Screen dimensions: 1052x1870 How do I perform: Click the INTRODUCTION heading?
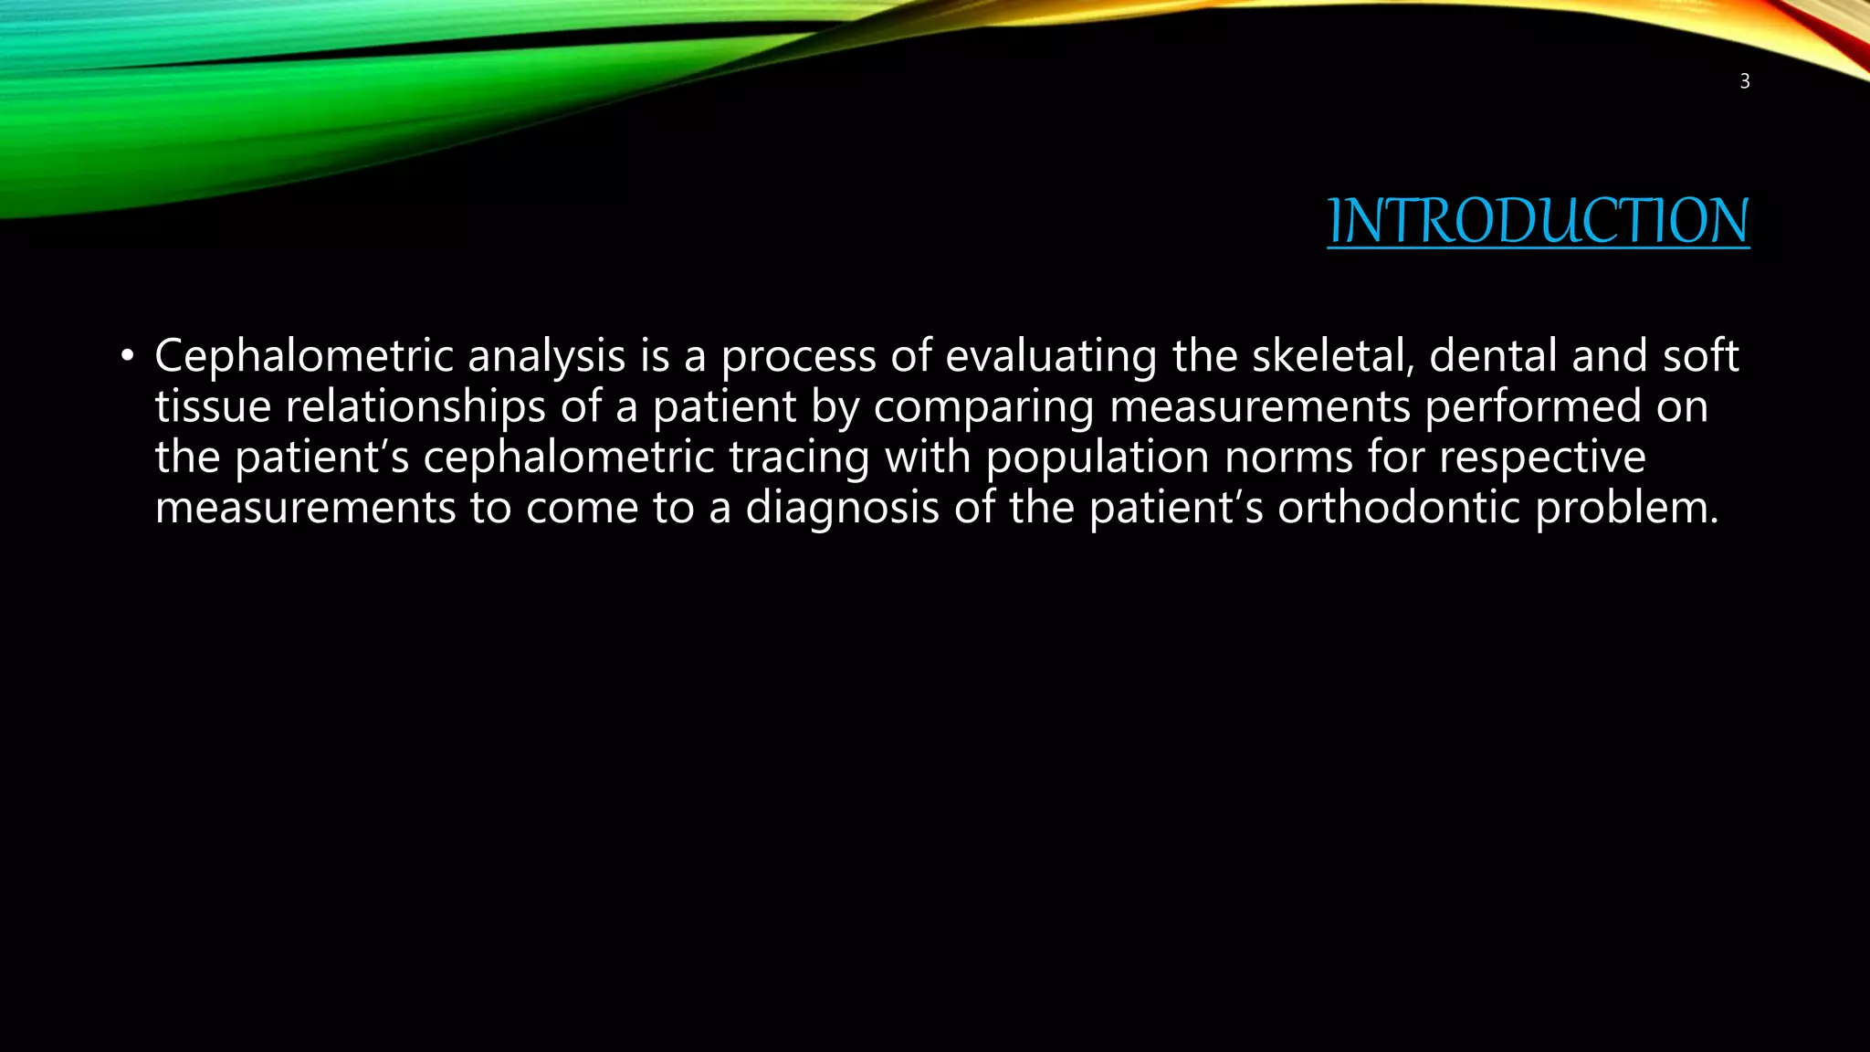pos(1538,221)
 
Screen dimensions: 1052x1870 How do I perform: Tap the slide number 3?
pos(1744,81)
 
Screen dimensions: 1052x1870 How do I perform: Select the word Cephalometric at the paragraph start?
pos(303,355)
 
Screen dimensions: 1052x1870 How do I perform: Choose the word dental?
pos(1493,355)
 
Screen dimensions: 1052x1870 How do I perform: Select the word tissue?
pos(213,406)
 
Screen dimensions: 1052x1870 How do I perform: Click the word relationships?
pos(415,406)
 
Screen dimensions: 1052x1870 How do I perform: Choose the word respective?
pos(1542,457)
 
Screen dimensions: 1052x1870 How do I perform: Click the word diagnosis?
pos(842,508)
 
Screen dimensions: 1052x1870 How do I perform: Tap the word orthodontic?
pos(1398,508)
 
